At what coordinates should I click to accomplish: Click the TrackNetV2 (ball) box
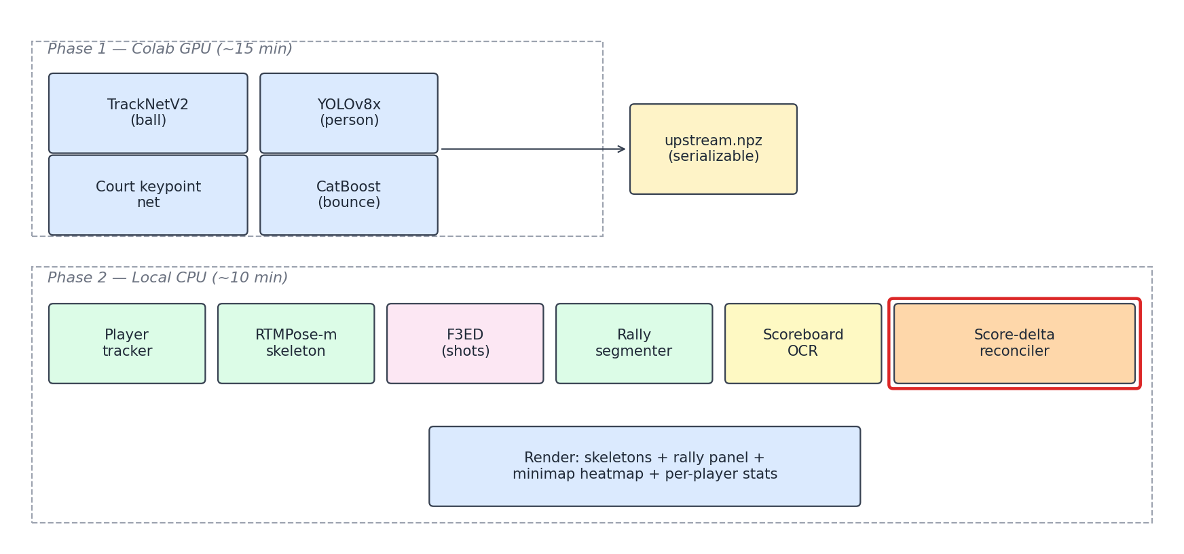(x=148, y=113)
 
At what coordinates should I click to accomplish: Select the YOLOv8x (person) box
(x=348, y=113)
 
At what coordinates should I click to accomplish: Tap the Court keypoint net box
(x=148, y=195)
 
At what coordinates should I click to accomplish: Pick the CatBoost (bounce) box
(x=348, y=195)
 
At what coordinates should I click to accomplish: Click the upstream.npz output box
(x=713, y=149)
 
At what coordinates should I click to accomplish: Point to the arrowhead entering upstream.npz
(x=621, y=149)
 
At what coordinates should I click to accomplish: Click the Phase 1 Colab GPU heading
(x=170, y=50)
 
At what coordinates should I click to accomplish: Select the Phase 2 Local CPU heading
(x=168, y=278)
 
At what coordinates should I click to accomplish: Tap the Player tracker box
(x=127, y=344)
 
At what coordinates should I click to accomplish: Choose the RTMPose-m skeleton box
(x=296, y=344)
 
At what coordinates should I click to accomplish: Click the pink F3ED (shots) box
(x=465, y=344)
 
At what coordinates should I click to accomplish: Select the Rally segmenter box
(x=634, y=344)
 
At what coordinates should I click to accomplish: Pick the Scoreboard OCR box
(x=803, y=344)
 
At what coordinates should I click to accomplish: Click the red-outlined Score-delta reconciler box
(x=1014, y=344)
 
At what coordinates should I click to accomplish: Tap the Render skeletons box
(x=644, y=466)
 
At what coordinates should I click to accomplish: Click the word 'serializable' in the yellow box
(x=714, y=157)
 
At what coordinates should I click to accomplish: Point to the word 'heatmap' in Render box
(x=604, y=475)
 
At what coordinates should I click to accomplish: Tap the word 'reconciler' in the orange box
(x=1014, y=352)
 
